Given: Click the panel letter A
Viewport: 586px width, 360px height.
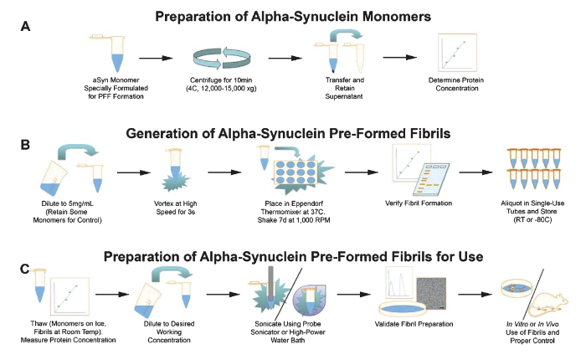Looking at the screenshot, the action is [25, 27].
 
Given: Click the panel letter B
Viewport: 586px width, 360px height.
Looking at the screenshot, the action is [25, 145].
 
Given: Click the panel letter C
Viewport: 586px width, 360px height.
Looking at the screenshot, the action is [24, 269].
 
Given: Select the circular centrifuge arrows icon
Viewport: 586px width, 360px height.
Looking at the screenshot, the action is [222, 59].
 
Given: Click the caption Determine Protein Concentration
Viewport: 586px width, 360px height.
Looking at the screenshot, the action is [456, 84].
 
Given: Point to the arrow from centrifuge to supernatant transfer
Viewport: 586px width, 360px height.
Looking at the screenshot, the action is [285, 59].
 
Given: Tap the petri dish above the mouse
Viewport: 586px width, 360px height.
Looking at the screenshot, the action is [520, 289].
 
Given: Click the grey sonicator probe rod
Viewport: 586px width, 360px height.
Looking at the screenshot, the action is [270, 283].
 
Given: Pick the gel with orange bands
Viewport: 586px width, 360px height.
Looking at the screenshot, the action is [431, 179].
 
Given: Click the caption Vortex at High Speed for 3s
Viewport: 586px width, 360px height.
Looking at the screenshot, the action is [175, 208].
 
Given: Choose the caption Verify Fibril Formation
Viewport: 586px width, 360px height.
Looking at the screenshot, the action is [419, 203].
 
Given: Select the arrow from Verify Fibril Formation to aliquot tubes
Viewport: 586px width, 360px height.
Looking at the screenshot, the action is [475, 172].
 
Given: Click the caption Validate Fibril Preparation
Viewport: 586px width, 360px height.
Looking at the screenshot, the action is [414, 324].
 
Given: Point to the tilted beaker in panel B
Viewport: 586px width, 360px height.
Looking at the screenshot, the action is [53, 177].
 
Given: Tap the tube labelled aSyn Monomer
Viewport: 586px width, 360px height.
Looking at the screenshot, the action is [113, 53].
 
